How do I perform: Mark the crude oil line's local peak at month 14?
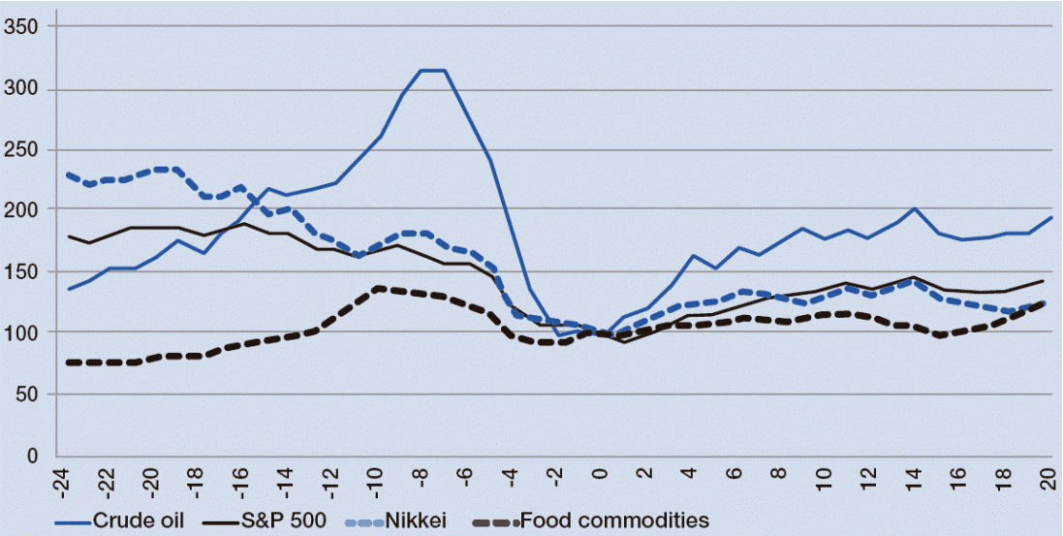914,208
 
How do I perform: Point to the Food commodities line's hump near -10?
378,288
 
